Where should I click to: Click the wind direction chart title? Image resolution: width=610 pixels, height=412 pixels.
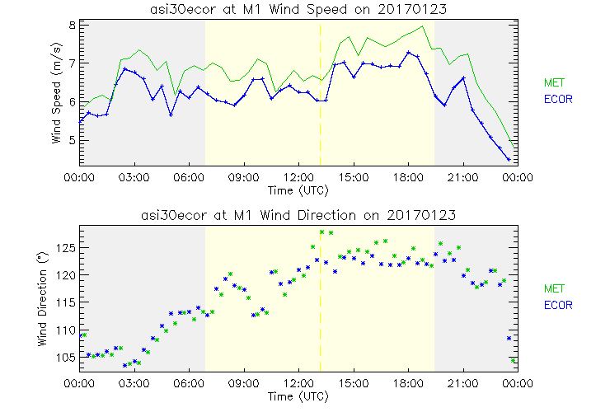tap(298, 215)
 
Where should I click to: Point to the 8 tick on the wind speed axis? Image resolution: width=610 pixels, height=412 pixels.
tap(73, 25)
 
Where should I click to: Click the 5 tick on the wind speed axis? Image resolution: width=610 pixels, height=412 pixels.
tap(73, 140)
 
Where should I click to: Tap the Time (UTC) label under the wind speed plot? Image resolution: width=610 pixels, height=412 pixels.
tap(298, 190)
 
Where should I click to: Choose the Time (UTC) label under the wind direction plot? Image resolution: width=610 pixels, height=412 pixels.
tap(298, 396)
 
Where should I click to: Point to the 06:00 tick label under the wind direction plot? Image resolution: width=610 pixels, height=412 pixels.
tap(189, 384)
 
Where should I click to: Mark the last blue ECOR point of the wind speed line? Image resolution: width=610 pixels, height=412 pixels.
tap(509, 159)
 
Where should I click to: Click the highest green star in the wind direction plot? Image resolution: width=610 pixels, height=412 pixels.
tap(322, 232)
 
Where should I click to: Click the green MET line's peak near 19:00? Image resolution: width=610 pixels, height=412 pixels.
tap(423, 26)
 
